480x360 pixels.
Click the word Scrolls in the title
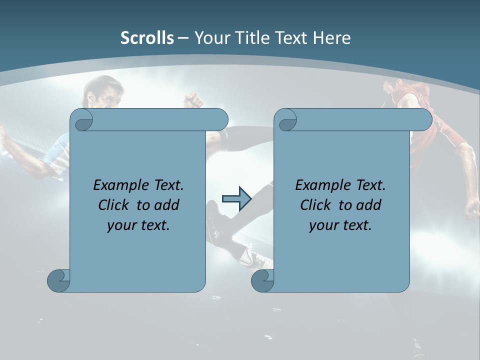[147, 38]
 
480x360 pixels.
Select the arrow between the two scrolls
[236, 199]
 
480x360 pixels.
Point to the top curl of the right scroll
[287, 120]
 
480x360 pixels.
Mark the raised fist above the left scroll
[192, 100]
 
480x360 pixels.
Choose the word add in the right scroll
[367, 205]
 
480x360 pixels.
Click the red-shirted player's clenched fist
[472, 208]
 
